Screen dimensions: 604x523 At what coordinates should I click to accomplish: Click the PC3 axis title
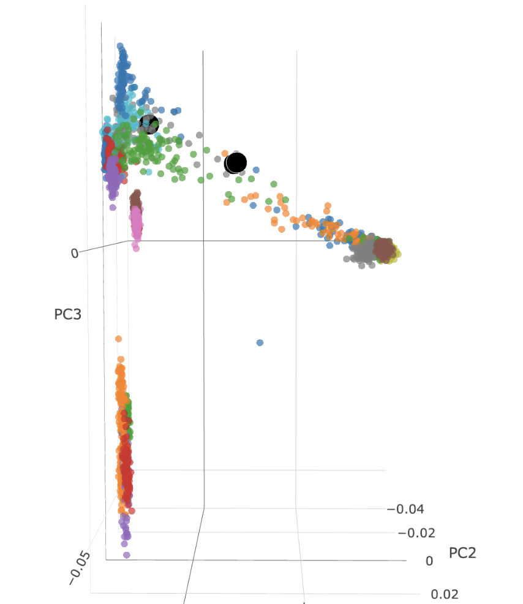[x=68, y=314]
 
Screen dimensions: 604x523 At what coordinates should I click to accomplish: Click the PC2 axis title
[x=462, y=553]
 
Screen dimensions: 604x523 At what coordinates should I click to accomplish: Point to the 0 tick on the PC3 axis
[x=75, y=252]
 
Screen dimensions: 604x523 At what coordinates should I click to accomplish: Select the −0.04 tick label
[x=406, y=509]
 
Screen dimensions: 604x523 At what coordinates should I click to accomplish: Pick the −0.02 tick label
[x=416, y=533]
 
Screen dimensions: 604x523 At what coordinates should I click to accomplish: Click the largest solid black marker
[x=236, y=163]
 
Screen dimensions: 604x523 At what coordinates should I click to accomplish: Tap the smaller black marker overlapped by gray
[x=149, y=124]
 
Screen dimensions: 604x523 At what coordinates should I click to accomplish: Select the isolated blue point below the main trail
[x=260, y=342]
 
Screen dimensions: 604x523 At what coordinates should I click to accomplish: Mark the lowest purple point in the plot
[x=126, y=555]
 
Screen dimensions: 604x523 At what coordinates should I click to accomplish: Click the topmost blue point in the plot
[x=120, y=47]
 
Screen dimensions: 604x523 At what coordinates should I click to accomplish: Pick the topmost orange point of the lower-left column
[x=118, y=339]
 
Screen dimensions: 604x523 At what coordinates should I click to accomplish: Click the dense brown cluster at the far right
[x=384, y=249]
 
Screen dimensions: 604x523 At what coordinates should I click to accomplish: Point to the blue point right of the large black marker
[x=256, y=170]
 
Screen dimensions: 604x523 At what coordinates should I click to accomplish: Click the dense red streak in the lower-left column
[x=126, y=462]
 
